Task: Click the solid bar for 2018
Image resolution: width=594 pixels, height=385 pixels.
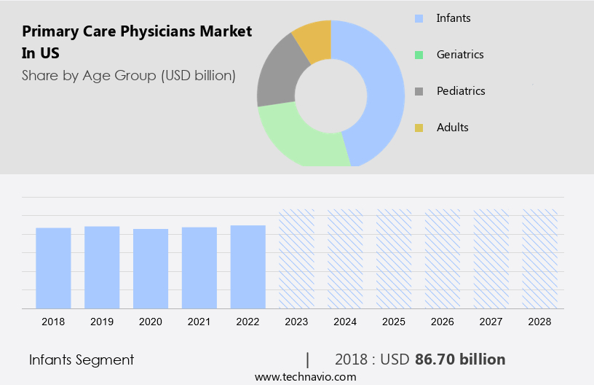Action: pyautogui.click(x=53, y=268)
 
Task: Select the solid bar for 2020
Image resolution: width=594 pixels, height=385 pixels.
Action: pyautogui.click(x=151, y=268)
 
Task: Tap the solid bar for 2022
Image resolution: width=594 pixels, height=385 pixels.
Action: pyautogui.click(x=248, y=266)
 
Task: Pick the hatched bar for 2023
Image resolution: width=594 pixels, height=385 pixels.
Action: pyautogui.click(x=297, y=259)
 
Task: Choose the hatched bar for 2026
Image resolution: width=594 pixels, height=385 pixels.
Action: pyautogui.click(x=443, y=259)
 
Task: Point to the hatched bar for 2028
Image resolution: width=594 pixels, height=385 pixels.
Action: pyautogui.click(x=540, y=259)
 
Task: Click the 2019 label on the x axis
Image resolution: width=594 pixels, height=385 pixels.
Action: pyautogui.click(x=102, y=322)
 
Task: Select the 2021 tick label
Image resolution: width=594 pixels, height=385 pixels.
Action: pyautogui.click(x=199, y=322)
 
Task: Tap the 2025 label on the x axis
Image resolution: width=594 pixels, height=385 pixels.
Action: pyautogui.click(x=394, y=322)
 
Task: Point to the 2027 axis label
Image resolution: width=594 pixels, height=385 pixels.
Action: pyautogui.click(x=491, y=322)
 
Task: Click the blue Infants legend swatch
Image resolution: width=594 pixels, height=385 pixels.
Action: pyautogui.click(x=419, y=18)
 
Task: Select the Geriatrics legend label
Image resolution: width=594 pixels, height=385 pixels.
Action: pyautogui.click(x=460, y=55)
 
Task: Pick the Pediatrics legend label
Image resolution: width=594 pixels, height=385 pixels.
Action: pyautogui.click(x=461, y=91)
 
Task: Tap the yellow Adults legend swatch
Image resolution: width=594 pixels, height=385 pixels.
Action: pyautogui.click(x=419, y=128)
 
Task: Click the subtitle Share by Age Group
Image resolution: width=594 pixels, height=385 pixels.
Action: pyautogui.click(x=129, y=75)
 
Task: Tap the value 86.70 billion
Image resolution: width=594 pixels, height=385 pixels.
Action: pyautogui.click(x=460, y=359)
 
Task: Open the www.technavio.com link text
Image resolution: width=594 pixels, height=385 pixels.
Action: pyautogui.click(x=306, y=377)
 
